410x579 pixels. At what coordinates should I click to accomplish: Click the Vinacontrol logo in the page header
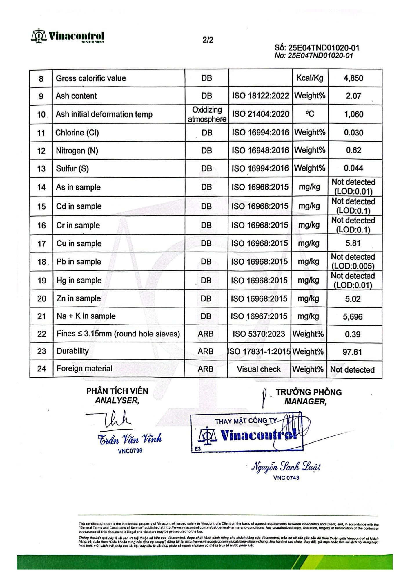pyautogui.click(x=68, y=36)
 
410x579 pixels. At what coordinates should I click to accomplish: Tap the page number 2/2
pyautogui.click(x=208, y=40)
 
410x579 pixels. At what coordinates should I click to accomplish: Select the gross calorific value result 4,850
pyautogui.click(x=353, y=78)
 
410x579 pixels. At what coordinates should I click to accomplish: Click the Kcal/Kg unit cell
pyautogui.click(x=309, y=78)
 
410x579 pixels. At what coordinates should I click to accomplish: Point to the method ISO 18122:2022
pyautogui.click(x=260, y=96)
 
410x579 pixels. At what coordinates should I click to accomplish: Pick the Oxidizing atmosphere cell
pyautogui.click(x=207, y=114)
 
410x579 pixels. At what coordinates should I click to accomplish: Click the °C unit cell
pyautogui.click(x=309, y=114)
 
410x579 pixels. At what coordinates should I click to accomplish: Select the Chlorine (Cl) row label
pyautogui.click(x=77, y=133)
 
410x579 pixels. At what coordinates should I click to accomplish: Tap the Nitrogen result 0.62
pyautogui.click(x=353, y=150)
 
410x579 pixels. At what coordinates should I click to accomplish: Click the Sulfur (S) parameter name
pyautogui.click(x=72, y=168)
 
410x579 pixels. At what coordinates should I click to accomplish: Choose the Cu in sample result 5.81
pyautogui.click(x=353, y=243)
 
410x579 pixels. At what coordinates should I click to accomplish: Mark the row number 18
pyautogui.click(x=42, y=262)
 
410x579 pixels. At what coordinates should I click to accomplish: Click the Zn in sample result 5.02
pyautogui.click(x=353, y=299)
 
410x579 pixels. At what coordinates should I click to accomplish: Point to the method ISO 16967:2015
pyautogui.click(x=259, y=316)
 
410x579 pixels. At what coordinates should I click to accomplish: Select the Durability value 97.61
pyautogui.click(x=352, y=352)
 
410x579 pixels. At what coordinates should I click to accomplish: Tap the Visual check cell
pyautogui.click(x=259, y=369)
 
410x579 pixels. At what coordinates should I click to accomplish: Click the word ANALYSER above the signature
pyautogui.click(x=117, y=401)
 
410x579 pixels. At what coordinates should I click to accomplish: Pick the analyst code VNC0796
pyautogui.click(x=130, y=451)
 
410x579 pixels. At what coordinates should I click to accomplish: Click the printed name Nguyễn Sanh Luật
pyautogui.click(x=286, y=467)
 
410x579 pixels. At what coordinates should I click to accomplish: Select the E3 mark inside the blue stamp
pyautogui.click(x=198, y=449)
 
